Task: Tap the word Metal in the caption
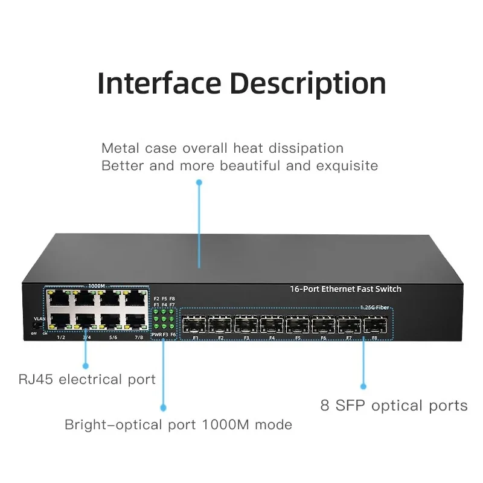coord(121,148)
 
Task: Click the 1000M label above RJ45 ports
coord(97,286)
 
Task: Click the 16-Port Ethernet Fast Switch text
coord(345,289)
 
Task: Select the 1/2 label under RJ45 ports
coord(60,337)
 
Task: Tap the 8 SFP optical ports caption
coord(394,406)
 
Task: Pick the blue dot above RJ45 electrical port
coord(85,366)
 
